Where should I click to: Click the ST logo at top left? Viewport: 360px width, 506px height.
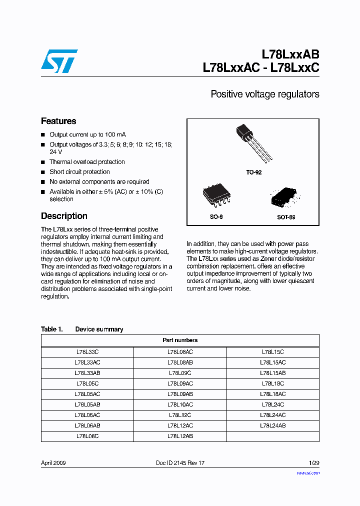(x=59, y=60)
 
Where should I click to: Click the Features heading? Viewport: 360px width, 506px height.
(x=58, y=121)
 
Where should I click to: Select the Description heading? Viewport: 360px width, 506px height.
(x=64, y=216)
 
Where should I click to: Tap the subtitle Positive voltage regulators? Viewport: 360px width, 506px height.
(x=264, y=94)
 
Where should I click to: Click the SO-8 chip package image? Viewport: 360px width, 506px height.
(x=216, y=196)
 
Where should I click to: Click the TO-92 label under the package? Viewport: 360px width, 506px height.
(x=253, y=172)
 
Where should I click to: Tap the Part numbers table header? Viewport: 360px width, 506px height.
(x=180, y=340)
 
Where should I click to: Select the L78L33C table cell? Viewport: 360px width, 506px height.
(x=87, y=352)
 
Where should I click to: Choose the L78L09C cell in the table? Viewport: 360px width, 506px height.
(x=180, y=373)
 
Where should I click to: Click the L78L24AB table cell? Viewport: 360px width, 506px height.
(x=273, y=425)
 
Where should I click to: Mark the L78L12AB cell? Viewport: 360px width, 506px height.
(x=180, y=436)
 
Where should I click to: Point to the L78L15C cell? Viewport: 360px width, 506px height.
(x=273, y=352)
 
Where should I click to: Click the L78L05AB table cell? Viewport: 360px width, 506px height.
(x=87, y=404)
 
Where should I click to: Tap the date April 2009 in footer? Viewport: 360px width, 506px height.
(x=53, y=463)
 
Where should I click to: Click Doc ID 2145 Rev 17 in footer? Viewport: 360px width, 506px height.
(x=180, y=463)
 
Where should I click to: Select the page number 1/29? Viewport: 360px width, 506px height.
(x=313, y=463)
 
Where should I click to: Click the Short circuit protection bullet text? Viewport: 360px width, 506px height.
(x=79, y=172)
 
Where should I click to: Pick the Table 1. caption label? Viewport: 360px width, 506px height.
(x=51, y=329)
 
